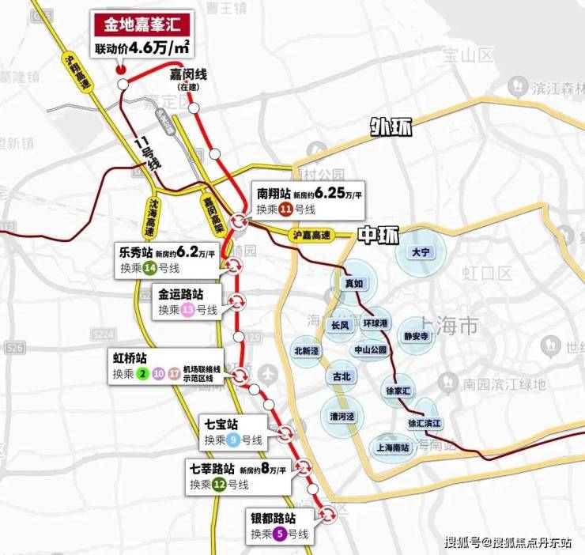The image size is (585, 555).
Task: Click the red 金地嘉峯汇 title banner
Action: [142, 24]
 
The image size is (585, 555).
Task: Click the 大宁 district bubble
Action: [419, 251]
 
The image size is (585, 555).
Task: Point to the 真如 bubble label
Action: [353, 283]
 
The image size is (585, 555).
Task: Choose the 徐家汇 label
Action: [398, 391]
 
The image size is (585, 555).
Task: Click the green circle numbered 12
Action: [218, 485]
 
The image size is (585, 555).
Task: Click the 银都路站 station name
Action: [273, 518]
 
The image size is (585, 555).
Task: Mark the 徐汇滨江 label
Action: [425, 423]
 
